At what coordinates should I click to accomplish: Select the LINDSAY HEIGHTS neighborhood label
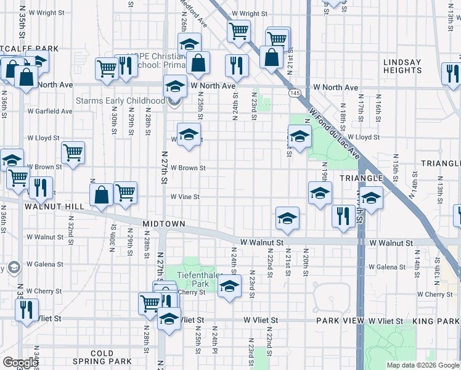point(402,67)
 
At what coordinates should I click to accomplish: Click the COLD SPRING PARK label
point(102,357)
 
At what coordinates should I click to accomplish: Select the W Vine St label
point(186,197)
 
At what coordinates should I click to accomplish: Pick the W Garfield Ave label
point(49,112)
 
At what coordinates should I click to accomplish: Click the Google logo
point(20,363)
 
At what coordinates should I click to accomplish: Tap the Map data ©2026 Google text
point(422,365)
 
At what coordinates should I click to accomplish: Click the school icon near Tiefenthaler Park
point(229,286)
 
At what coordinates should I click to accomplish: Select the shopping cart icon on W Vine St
point(126,192)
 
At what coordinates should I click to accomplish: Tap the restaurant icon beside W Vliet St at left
point(26,310)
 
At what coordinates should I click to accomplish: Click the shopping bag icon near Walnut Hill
point(102,195)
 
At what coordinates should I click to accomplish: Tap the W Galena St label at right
point(387,267)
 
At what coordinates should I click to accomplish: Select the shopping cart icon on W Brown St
point(73,152)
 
